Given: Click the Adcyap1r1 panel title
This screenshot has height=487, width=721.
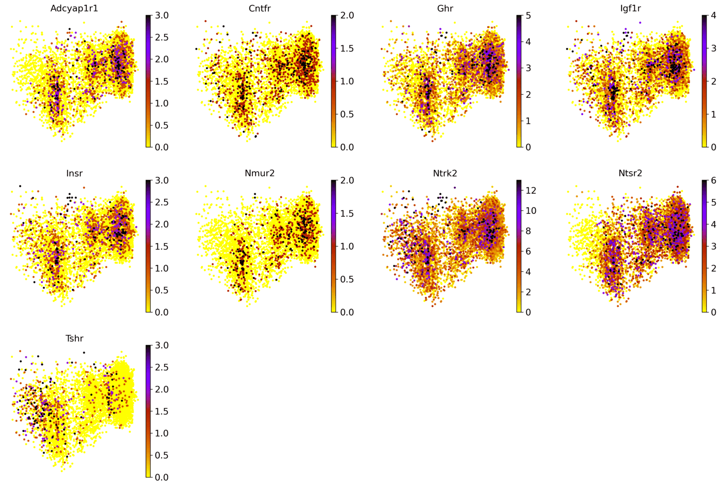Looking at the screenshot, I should [74, 8].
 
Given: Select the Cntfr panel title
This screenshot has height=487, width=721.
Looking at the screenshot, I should [260, 8].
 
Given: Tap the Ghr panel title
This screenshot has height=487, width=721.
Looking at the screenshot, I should [445, 8].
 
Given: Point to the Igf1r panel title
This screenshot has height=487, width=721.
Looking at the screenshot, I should [630, 8].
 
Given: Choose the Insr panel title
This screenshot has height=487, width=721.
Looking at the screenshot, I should [74, 173].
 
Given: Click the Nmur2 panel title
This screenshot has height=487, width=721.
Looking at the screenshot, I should [260, 173].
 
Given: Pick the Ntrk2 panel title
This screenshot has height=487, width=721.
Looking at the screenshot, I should [445, 173].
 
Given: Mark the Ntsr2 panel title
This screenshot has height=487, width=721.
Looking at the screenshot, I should [630, 173].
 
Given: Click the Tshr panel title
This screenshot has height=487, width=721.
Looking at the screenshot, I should [74, 338].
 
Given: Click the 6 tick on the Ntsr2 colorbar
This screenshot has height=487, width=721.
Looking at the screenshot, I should [714, 181].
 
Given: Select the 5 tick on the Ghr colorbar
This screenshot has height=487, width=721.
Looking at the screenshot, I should [529, 15].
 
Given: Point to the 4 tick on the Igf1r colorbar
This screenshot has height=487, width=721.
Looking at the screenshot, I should [714, 15].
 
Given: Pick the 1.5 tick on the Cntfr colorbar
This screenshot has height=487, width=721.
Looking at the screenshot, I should [347, 48].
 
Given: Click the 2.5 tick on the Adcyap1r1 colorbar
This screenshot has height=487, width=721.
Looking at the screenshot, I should [162, 37].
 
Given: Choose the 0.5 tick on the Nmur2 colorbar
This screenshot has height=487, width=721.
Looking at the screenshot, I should [347, 279].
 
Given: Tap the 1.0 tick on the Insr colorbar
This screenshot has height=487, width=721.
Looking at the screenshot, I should [162, 268].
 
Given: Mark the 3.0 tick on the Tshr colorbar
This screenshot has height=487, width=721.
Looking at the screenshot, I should [162, 346].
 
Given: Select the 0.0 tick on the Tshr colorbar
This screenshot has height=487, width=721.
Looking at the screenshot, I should [162, 477].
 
